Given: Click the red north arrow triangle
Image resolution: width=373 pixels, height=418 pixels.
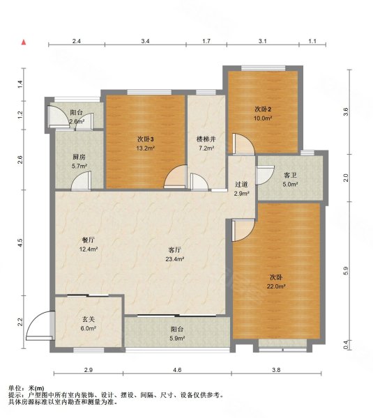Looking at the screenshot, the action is [x=24, y=42].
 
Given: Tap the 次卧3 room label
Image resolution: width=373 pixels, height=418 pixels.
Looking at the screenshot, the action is [x=146, y=139].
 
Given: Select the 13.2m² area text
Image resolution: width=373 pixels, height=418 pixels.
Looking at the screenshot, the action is [x=146, y=148].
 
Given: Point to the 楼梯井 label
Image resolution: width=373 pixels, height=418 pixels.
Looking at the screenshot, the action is [x=206, y=139].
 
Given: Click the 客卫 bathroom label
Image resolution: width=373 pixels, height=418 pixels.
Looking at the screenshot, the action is [x=290, y=175].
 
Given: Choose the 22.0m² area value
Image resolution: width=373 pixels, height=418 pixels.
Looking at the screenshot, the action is [x=276, y=287].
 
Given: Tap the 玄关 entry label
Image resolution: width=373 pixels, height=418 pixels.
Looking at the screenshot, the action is [x=89, y=319].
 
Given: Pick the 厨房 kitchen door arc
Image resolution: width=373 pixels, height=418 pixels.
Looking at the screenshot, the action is [x=82, y=180].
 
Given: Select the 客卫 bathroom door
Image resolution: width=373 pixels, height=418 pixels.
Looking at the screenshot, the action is [x=265, y=175].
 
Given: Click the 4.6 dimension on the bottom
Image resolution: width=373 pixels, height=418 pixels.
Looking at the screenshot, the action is [x=177, y=370].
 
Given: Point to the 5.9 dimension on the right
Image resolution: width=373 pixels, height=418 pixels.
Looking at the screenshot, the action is [x=346, y=271].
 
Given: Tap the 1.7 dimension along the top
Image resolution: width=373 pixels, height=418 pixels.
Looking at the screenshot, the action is [x=206, y=41].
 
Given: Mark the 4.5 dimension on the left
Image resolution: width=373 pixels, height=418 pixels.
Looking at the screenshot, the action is [x=20, y=242].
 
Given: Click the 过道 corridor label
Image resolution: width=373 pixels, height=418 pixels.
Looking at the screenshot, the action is [x=241, y=185].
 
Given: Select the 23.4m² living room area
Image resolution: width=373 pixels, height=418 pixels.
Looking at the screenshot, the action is [x=175, y=259].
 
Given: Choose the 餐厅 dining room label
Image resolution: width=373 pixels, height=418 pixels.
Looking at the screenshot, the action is [x=89, y=240].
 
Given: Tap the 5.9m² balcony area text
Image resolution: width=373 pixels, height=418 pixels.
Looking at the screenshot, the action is [x=178, y=339].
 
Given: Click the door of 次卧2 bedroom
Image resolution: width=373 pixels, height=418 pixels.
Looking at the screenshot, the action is [x=243, y=144].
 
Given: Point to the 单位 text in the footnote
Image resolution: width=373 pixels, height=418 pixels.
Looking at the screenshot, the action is [x=15, y=389].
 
